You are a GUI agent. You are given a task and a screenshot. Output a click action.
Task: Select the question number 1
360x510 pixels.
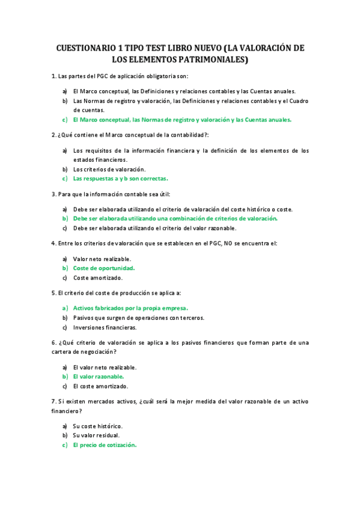[53, 76]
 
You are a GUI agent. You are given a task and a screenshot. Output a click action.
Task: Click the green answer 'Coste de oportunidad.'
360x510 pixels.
[104, 268]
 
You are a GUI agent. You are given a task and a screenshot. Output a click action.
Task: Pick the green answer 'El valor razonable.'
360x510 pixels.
[99, 376]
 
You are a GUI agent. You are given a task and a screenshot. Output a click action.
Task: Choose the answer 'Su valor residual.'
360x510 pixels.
[96, 435]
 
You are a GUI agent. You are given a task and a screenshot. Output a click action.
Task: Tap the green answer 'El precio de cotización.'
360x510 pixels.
[105, 445]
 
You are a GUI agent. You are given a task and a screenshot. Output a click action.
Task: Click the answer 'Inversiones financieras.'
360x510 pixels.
[105, 327]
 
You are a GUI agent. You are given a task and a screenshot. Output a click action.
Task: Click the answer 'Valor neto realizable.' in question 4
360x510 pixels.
[102, 259]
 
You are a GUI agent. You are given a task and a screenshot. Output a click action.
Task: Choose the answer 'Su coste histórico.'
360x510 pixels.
[97, 425]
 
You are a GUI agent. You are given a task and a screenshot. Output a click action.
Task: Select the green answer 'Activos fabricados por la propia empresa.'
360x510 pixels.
[130, 308]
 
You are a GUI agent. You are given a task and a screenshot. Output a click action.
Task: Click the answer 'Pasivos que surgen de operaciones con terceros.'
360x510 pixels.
[138, 318]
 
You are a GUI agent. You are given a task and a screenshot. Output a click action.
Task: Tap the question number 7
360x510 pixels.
[53, 401]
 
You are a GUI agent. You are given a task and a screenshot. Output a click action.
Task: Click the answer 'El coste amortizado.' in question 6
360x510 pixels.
[100, 386]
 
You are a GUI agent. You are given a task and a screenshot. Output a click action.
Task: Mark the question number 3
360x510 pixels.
[53, 194]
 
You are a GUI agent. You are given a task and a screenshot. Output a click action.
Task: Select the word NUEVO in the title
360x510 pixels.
[205, 48]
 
